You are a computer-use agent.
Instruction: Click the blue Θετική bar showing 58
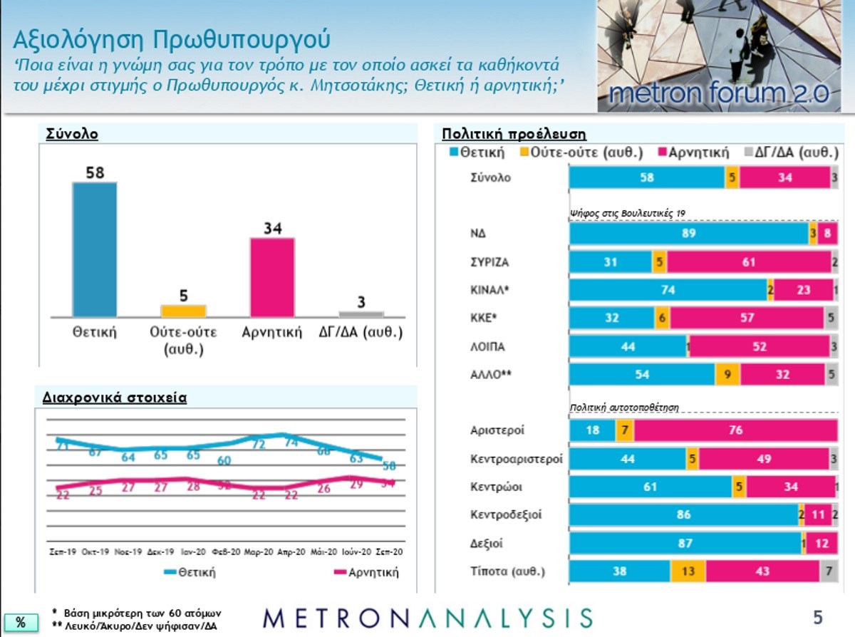[95, 249]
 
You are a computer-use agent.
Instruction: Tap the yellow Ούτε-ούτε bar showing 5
[183, 311]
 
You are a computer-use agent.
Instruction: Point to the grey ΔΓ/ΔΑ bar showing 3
[361, 314]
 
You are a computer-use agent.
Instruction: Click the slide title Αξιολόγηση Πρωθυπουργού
[172, 38]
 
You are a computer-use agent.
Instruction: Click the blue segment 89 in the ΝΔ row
[688, 234]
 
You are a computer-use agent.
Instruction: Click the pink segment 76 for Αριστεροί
[735, 430]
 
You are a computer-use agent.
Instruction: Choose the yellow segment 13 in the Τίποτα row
[688, 571]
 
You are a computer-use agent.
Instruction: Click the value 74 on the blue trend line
[290, 442]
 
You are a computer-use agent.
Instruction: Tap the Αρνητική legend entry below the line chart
[366, 572]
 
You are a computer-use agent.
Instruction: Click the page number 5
[818, 616]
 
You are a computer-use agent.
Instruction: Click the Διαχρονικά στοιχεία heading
[114, 398]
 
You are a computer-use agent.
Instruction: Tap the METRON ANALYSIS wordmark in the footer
[427, 618]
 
